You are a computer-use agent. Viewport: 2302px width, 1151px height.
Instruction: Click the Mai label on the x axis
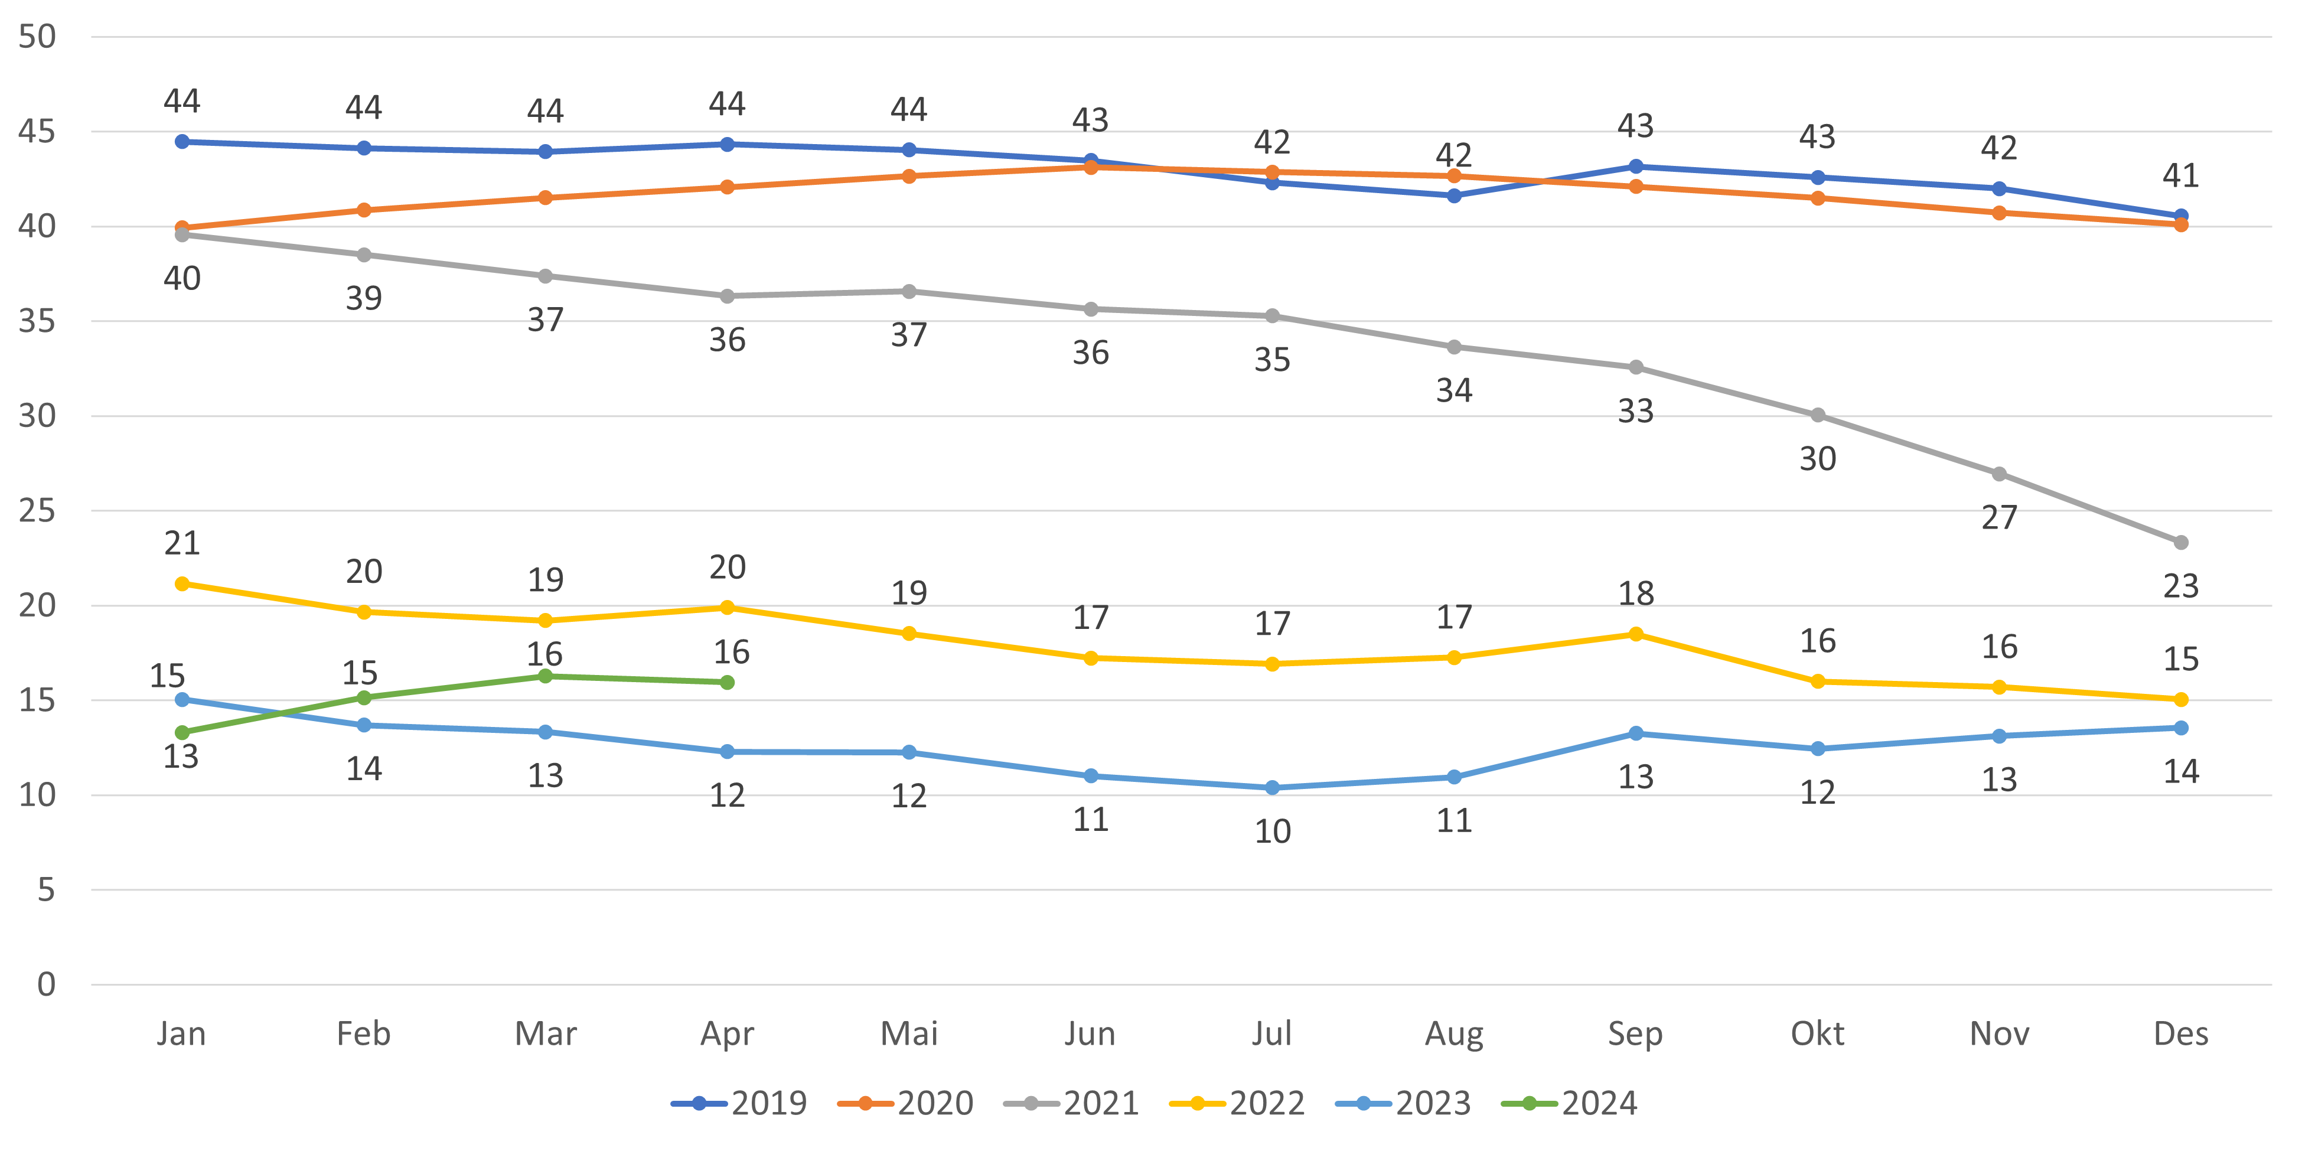coord(909,1034)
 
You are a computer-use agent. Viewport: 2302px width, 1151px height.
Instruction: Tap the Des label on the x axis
coord(2180,1034)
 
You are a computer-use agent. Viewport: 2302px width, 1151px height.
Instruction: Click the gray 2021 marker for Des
coord(2180,543)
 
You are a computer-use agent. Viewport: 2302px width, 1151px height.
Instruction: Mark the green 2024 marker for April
coord(728,683)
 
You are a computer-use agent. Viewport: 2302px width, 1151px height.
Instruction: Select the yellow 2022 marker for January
coord(182,583)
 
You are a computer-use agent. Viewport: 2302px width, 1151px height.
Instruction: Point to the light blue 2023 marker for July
coord(1273,787)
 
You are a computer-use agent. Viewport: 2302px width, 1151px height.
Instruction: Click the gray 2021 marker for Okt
coord(1818,416)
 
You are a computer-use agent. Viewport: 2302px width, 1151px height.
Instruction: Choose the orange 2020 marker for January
coord(182,228)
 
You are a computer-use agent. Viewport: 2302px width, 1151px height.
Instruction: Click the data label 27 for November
coord(1999,517)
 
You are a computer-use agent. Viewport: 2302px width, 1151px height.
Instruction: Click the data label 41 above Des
coord(2180,176)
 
